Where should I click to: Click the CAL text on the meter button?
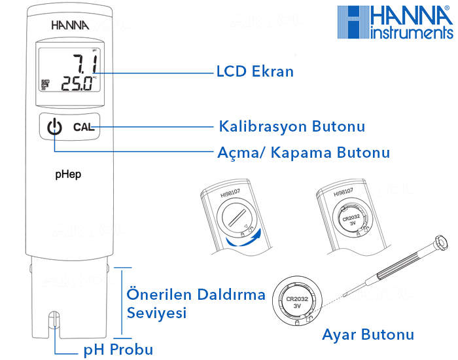84,127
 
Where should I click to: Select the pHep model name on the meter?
68,175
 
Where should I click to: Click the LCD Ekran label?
255,71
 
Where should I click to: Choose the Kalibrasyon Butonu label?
291,126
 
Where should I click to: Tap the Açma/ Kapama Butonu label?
303,153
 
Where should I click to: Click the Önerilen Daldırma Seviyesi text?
195,303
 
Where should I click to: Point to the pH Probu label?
118,348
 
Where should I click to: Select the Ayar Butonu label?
368,335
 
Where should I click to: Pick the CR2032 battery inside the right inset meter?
351,220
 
